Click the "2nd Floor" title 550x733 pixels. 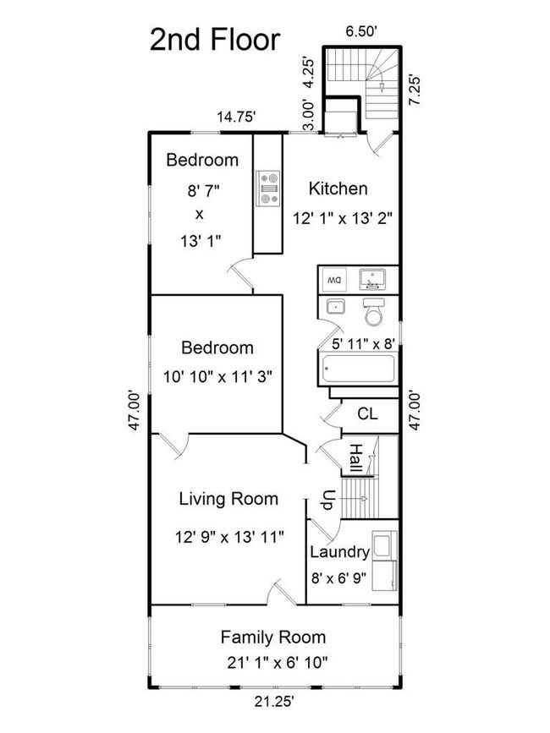click(x=215, y=40)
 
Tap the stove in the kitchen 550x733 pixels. click(x=268, y=189)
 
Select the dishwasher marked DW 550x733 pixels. click(x=334, y=280)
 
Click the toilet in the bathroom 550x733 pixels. click(x=374, y=312)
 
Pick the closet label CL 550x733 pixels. click(x=367, y=413)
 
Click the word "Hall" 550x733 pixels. click(x=356, y=458)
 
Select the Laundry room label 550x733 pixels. click(x=339, y=552)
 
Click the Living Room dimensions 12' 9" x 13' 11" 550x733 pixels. click(x=229, y=537)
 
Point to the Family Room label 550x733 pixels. click(x=273, y=637)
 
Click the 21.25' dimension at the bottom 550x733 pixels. click(x=274, y=701)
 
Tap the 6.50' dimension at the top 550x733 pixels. click(x=361, y=31)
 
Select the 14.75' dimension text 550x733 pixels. click(x=236, y=117)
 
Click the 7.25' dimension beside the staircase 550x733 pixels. click(x=415, y=90)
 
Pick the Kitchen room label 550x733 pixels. click(x=338, y=189)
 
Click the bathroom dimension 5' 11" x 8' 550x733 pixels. click(x=364, y=344)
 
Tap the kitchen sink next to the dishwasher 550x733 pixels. click(x=372, y=279)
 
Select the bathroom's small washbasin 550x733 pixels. click(x=335, y=307)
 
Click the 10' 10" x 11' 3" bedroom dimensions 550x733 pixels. click(x=217, y=376)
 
